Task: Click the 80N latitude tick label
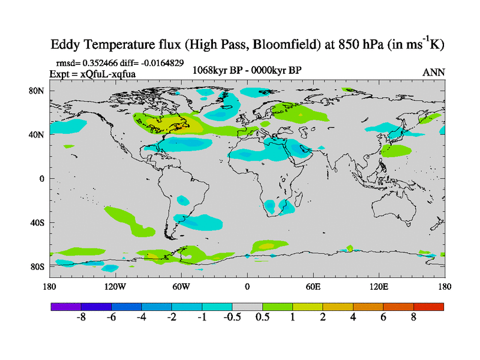point(38,91)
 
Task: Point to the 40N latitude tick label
point(38,134)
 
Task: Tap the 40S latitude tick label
point(38,223)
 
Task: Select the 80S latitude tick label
point(38,266)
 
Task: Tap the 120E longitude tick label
point(379,286)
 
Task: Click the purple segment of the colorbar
point(66,307)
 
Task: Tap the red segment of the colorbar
point(428,307)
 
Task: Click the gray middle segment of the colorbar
point(247,307)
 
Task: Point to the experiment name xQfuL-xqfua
point(110,73)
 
